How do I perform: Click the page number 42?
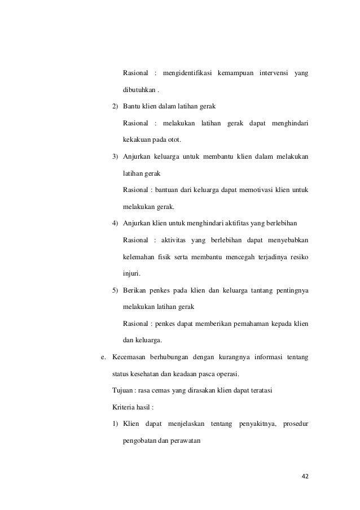click(305, 476)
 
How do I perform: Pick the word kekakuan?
click(137, 139)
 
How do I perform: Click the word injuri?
click(131, 273)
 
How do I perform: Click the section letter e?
click(102, 356)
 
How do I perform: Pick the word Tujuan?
click(122, 390)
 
